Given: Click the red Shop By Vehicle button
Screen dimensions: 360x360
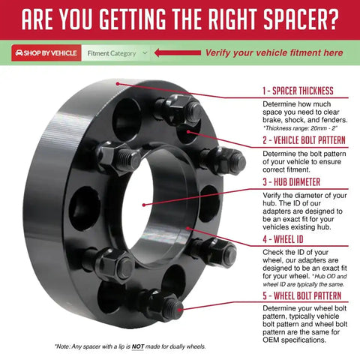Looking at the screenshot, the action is pos(46,53).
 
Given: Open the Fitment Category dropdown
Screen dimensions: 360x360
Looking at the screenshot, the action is pos(115,53).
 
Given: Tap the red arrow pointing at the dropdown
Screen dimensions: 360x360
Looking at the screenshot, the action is pos(178,52).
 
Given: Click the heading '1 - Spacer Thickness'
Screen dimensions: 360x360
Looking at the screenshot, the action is pos(298,91).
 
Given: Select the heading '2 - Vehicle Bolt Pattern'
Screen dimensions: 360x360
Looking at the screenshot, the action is pos(304,140).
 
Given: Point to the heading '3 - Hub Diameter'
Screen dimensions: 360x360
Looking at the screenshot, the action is pos(291,181).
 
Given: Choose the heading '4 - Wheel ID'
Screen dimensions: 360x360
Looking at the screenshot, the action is pos(283,239).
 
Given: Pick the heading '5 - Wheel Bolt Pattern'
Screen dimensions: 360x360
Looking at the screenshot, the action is pos(301,295).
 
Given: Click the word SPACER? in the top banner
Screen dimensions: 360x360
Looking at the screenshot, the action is pos(301,19).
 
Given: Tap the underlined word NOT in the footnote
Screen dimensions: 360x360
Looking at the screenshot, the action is pos(138,346).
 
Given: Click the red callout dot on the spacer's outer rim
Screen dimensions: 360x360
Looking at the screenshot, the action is pos(118,84).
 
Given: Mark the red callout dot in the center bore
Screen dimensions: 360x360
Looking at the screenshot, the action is pos(144,205).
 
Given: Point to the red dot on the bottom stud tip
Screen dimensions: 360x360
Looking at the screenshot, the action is pos(179,310).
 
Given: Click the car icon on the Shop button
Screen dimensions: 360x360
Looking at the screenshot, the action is pos(19,52).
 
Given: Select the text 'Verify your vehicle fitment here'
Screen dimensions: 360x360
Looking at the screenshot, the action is pos(274,52).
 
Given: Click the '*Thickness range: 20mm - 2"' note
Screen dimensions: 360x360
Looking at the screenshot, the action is pos(300,128).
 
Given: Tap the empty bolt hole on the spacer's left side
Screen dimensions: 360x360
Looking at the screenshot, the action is pos(85,208).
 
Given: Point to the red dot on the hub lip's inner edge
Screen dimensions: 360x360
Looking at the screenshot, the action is pos(187,228).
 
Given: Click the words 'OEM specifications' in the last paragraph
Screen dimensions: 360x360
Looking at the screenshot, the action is pos(294,340).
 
